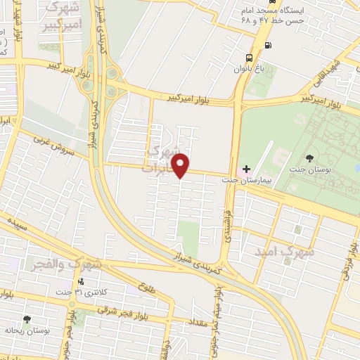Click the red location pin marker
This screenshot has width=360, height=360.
coord(181,166)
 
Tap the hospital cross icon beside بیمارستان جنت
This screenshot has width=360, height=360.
coord(246,169)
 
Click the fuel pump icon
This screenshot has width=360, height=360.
coord(268,46)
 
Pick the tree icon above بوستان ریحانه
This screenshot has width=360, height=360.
coord(27,319)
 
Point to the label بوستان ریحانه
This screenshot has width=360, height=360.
coord(27,331)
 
